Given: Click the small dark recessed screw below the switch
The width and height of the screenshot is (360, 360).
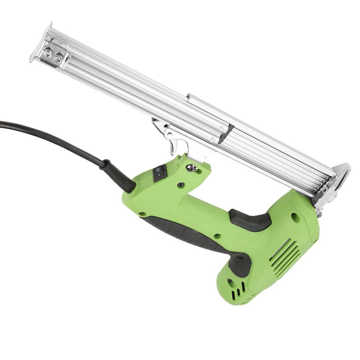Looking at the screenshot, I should pyautogui.click(x=181, y=184).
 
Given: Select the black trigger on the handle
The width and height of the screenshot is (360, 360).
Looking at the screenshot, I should pyautogui.click(x=250, y=220).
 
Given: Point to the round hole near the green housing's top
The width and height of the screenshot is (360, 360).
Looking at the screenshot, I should pyautogui.click(x=295, y=218).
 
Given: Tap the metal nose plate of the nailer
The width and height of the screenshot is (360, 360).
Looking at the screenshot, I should pyautogui.click(x=336, y=183).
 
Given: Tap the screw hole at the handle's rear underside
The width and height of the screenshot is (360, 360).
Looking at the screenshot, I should pyautogui.click(x=142, y=214).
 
